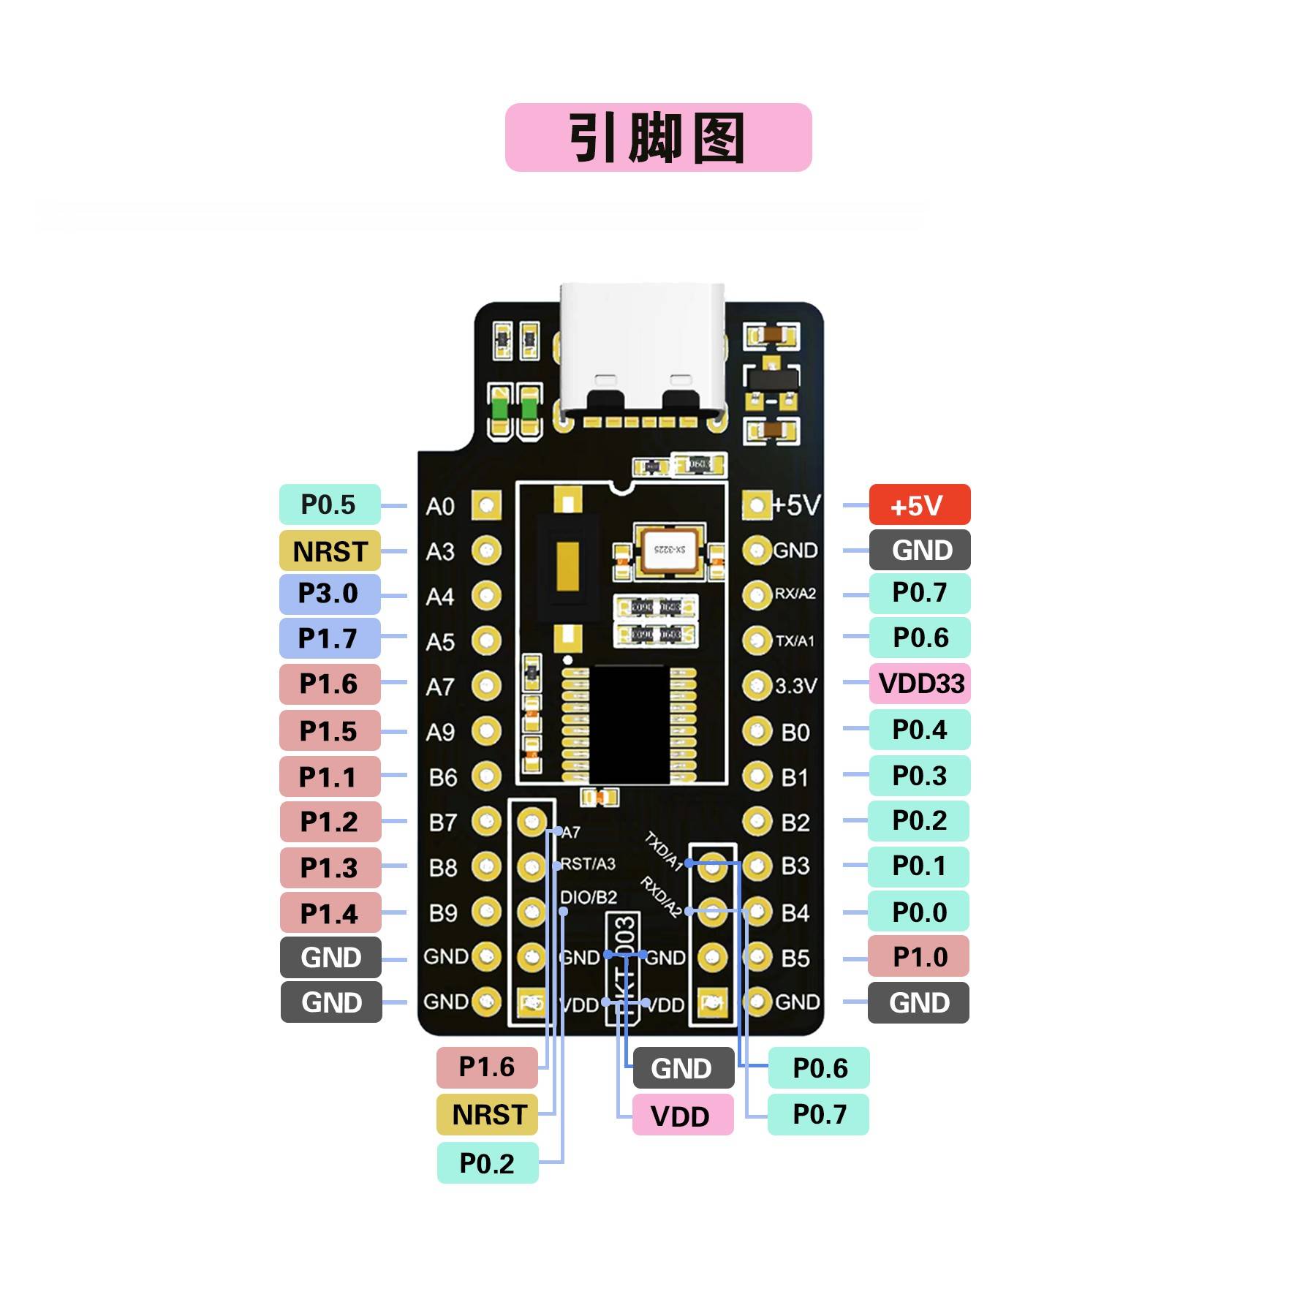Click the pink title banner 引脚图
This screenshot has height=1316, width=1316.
point(658,137)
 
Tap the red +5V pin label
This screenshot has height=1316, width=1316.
point(919,505)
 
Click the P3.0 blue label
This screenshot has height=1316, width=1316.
point(329,594)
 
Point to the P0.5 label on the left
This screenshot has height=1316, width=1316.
point(329,504)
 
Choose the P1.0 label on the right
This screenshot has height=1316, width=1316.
point(918,957)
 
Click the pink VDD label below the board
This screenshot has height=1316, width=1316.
point(681,1116)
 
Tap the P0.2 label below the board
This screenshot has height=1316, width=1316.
point(487,1162)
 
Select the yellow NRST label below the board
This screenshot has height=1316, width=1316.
point(487,1115)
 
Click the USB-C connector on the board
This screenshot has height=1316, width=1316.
point(643,351)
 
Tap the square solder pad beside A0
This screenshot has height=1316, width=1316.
point(485,505)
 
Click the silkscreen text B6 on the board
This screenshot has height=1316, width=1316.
point(443,777)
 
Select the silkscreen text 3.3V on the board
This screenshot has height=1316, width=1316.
point(795,686)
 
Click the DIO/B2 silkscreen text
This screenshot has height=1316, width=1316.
point(589,897)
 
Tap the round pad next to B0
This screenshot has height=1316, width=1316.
point(757,731)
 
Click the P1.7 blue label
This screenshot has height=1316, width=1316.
point(329,638)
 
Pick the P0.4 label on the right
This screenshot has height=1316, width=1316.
point(919,730)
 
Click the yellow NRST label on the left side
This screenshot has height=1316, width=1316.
point(329,551)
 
